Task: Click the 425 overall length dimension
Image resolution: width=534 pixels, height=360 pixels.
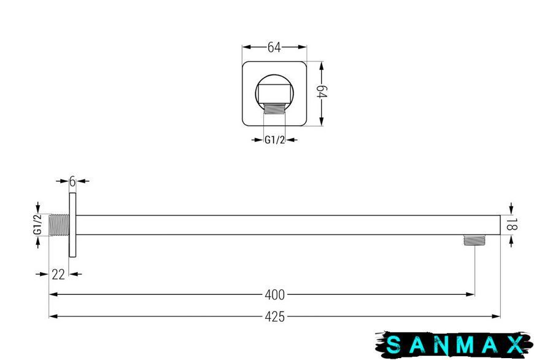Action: point(274,317)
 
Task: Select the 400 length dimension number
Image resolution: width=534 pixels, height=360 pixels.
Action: point(274,295)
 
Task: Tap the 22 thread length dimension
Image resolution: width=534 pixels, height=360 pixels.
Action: point(58,274)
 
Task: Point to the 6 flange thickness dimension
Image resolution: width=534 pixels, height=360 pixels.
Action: point(72,182)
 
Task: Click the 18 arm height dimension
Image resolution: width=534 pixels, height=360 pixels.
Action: point(509,225)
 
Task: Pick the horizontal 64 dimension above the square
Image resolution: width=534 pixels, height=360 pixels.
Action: point(274,47)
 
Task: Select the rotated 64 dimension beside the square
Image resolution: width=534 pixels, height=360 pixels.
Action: point(322,92)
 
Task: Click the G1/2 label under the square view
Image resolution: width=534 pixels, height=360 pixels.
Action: point(274,140)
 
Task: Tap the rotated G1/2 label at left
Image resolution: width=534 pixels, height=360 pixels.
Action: point(38,225)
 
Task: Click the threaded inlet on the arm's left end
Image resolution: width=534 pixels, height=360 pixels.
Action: point(60,225)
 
